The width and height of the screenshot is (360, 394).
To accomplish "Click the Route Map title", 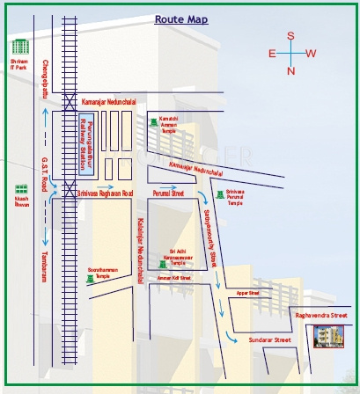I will pos(180,18).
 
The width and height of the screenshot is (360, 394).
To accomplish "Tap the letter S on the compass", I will pos(290,36).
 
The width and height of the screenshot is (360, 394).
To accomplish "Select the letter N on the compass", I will pos(290,70).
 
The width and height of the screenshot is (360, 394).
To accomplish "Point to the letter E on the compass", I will pos(272,54).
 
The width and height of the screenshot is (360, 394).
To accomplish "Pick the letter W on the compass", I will pos(311,54).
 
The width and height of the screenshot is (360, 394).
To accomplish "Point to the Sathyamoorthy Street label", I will pos(212,231).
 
